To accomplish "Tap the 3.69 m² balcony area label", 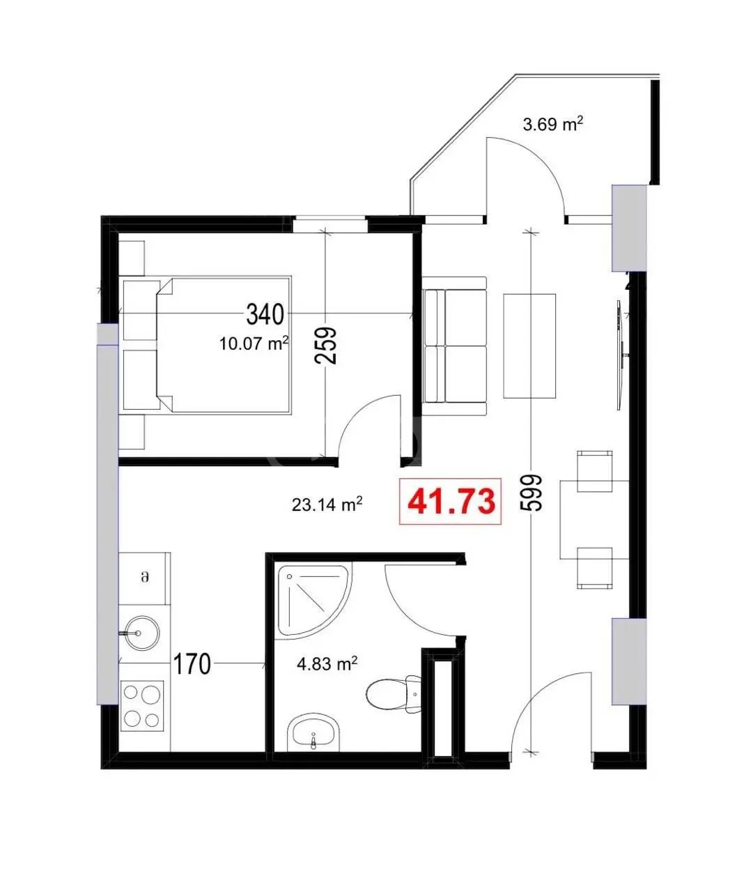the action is [552, 124].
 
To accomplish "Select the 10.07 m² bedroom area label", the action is [254, 343].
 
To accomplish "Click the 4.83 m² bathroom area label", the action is [327, 663].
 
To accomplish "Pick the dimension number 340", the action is [265, 314].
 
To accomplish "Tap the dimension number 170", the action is [192, 664].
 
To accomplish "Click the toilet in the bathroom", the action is [394, 693].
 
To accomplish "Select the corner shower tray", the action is [315, 601].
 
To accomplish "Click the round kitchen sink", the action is [142, 633].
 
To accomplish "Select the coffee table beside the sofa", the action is [529, 346].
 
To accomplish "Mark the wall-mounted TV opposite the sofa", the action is [619, 355].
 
